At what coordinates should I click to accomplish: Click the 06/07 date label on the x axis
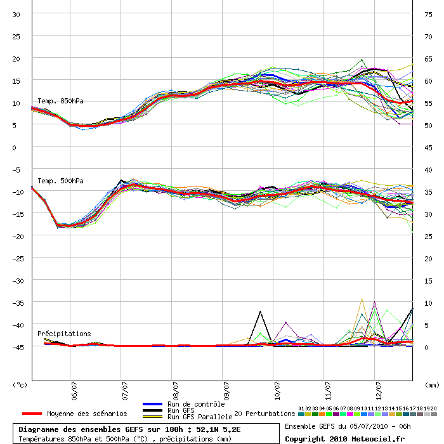tap(74, 391)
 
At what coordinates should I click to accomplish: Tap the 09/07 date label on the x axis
tap(226, 391)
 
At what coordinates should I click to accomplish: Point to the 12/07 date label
tap(379, 391)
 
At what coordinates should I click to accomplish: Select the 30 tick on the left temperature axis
tap(16, 15)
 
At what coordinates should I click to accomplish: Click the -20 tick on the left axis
tap(16, 237)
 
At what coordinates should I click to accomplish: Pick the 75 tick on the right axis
tap(428, 15)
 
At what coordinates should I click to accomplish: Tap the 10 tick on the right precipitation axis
tap(428, 303)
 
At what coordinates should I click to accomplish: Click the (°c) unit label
tap(20, 385)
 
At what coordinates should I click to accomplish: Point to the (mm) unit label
tap(432, 385)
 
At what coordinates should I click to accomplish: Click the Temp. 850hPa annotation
tap(60, 101)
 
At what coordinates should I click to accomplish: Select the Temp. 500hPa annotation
tap(60, 181)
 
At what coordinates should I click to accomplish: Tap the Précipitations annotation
tap(64, 334)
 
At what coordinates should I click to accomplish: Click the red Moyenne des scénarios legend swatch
tap(32, 414)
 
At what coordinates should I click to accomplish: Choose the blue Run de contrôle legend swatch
tap(152, 404)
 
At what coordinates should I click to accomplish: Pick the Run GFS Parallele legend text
tap(200, 417)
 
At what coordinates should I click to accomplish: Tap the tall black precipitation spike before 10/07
tap(260, 312)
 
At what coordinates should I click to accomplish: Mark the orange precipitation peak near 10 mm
tap(362, 299)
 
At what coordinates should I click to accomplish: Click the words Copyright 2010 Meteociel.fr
tap(344, 439)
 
